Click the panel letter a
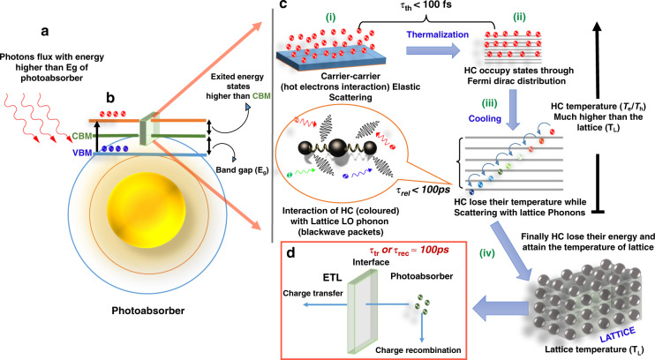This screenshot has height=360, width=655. pyautogui.click(x=45, y=31)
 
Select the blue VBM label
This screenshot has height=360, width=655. pyautogui.click(x=82, y=153)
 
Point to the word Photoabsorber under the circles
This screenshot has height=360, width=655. pyautogui.click(x=148, y=311)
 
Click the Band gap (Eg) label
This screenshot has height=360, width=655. pyautogui.click(x=242, y=170)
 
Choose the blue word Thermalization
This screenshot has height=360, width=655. pyautogui.click(x=438, y=34)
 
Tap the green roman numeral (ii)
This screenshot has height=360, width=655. pyautogui.click(x=519, y=17)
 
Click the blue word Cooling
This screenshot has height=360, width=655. pyautogui.click(x=485, y=118)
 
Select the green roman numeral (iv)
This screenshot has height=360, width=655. pyautogui.click(x=487, y=253)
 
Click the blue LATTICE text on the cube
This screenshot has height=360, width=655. pyautogui.click(x=617, y=334)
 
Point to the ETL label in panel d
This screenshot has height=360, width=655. pyautogui.click(x=332, y=277)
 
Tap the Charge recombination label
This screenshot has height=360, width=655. pyautogui.click(x=418, y=350)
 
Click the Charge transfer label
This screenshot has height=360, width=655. pyautogui.click(x=312, y=293)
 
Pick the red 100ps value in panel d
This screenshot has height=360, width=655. pyautogui.click(x=434, y=251)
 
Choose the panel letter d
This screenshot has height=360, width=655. pyautogui.click(x=290, y=252)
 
